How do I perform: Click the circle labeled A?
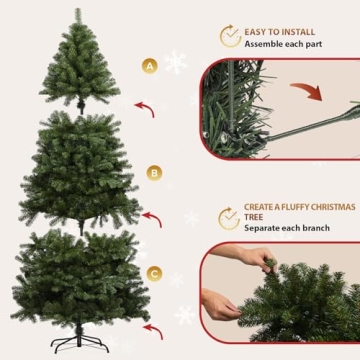click(x=150, y=67)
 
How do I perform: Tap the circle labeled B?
click(x=154, y=172)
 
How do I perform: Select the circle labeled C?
click(x=154, y=272)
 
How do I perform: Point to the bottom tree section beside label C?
click(x=80, y=275)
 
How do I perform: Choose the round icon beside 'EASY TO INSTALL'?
click(x=230, y=37)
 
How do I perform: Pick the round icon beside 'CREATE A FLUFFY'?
click(x=229, y=217)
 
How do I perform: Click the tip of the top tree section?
click(x=78, y=12)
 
